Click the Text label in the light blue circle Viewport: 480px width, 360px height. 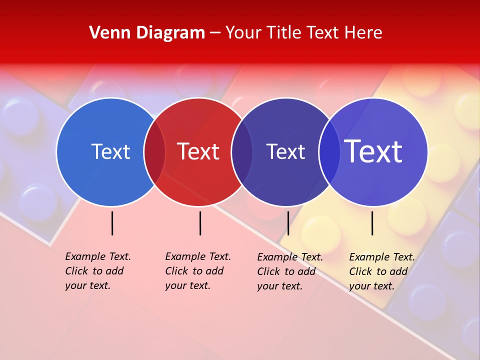110,151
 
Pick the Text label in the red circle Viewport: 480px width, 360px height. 198,151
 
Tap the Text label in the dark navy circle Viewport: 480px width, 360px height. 285,151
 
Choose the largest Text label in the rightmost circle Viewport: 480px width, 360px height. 373,151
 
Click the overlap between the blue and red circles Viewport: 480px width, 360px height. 154,152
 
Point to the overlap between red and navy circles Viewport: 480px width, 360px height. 242,152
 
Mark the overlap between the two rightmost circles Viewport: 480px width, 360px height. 329,152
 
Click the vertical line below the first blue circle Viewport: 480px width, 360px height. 112,223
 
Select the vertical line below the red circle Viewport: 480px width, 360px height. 200,223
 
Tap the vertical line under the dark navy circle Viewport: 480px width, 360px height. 288,223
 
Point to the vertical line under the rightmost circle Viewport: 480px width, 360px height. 372,223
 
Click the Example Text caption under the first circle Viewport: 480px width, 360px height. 97,271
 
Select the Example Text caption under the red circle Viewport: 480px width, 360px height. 197,271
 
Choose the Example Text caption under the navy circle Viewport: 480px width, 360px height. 289,271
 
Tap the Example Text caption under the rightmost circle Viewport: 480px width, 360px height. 381,271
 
